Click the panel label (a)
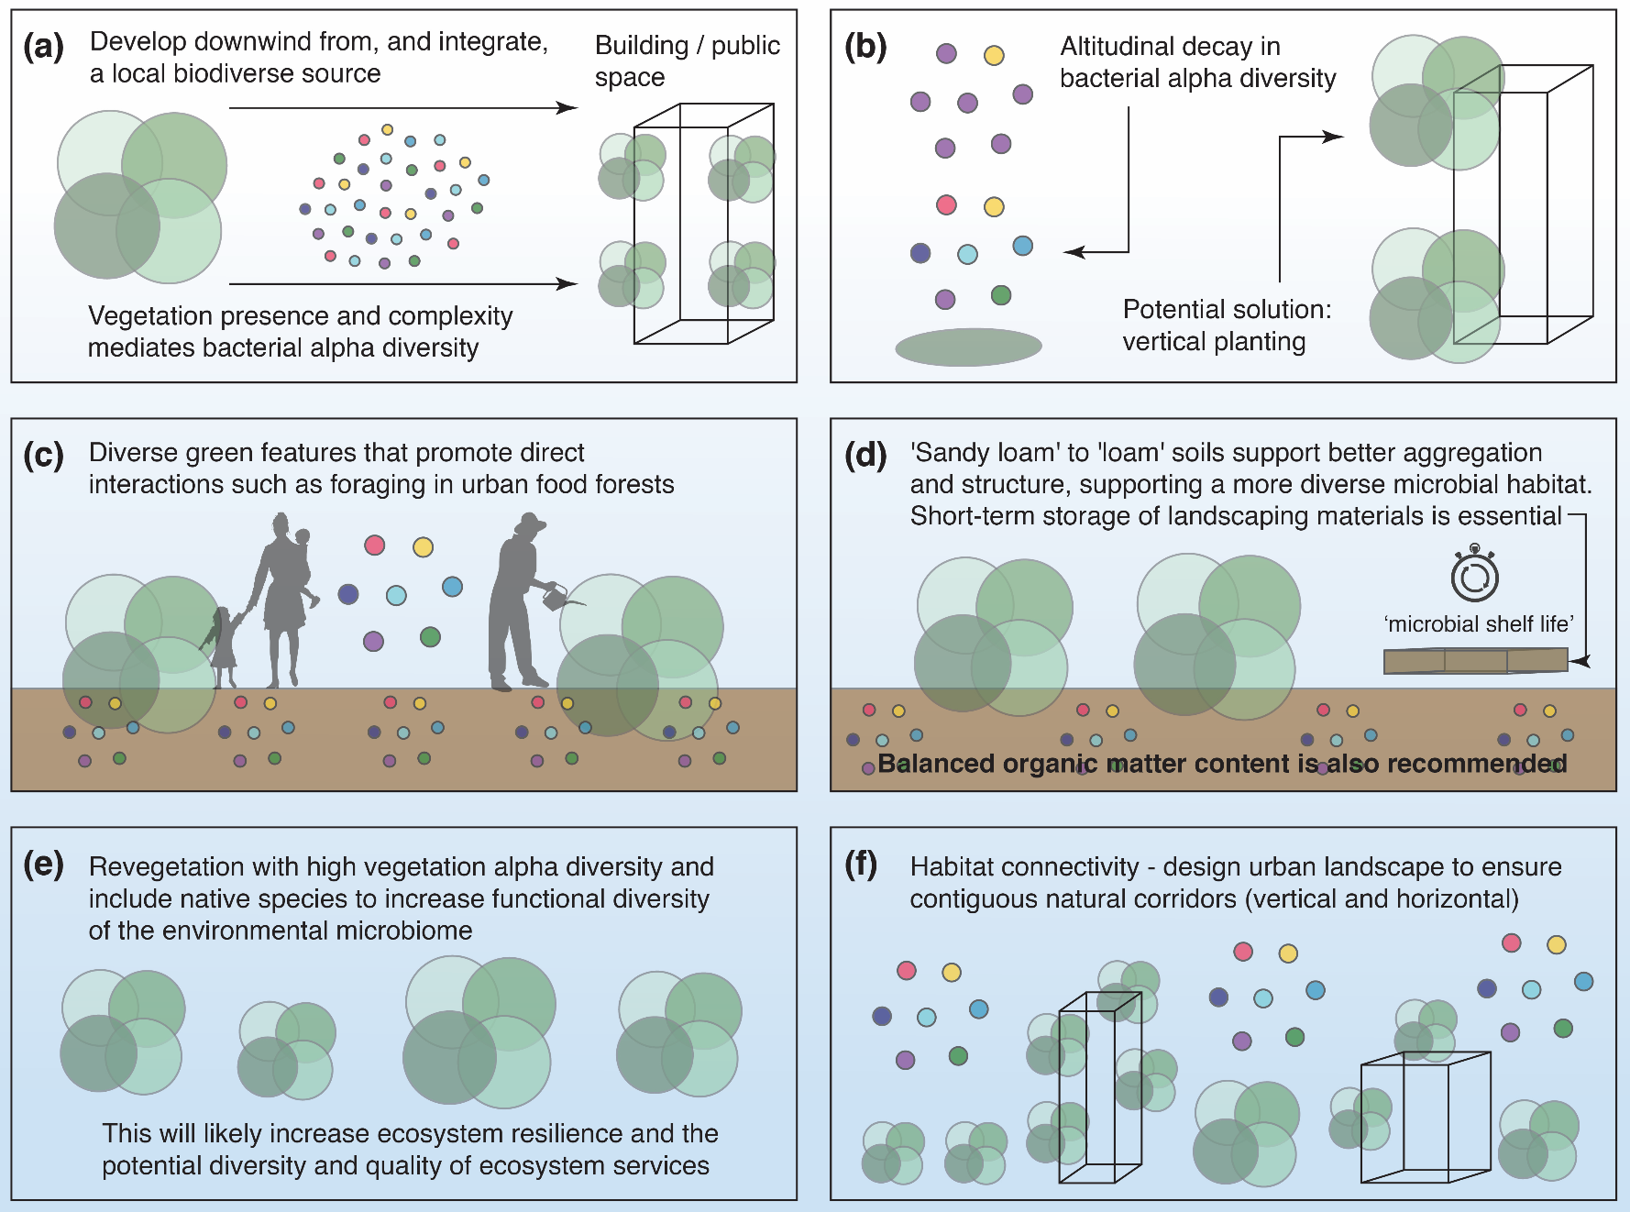coord(43,47)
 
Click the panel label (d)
coord(865,456)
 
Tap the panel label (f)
coord(861,865)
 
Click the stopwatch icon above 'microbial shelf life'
coord(1474,575)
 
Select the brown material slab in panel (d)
coord(1474,660)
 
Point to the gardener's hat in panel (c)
coord(528,523)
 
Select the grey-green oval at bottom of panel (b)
coord(968,347)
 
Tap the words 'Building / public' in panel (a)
coord(688,46)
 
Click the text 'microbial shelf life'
coord(1478,624)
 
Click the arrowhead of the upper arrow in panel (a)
coord(569,108)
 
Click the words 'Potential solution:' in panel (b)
coord(1227,310)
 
